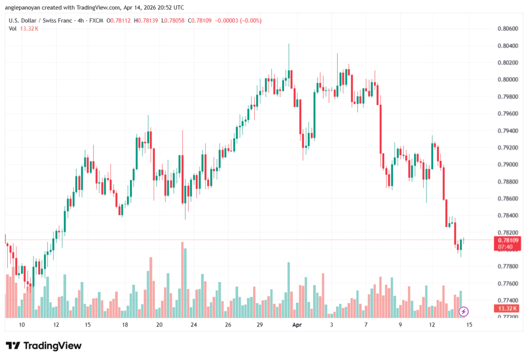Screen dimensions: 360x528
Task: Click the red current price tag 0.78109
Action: point(505,240)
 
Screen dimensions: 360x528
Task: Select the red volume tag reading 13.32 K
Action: point(505,308)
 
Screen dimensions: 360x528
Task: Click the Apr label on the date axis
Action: point(296,325)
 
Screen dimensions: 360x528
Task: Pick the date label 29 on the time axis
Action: point(260,325)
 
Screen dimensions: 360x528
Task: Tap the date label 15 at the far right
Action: point(469,325)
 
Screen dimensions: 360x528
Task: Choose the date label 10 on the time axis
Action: point(21,325)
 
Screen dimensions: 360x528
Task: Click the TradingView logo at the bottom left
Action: point(44,346)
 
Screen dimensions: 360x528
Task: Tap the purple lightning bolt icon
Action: point(464,311)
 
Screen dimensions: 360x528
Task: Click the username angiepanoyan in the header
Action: point(27,8)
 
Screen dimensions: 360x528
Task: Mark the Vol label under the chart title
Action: point(13,28)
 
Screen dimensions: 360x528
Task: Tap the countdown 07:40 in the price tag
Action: point(505,247)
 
